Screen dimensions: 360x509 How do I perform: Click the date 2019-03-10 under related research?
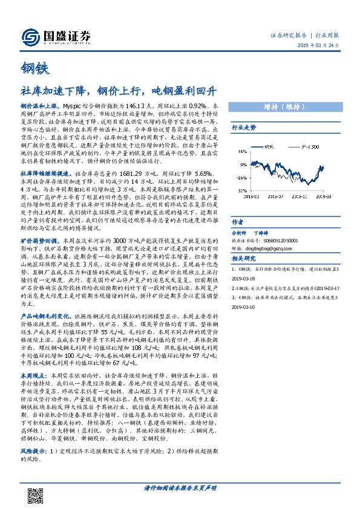(246, 307)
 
